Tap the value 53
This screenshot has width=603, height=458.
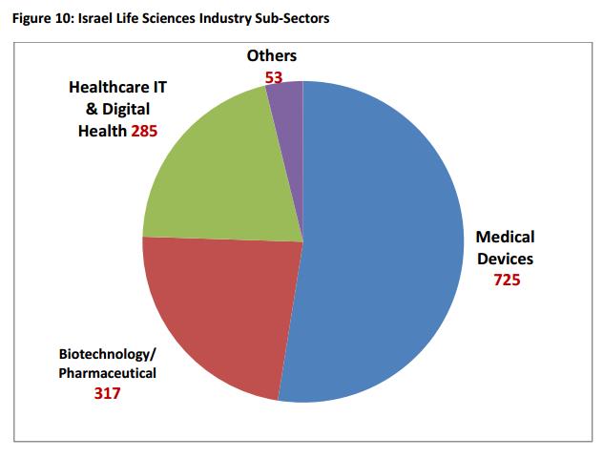click(x=274, y=77)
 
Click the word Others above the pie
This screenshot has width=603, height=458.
click(x=272, y=56)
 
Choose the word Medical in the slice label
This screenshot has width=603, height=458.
click(x=506, y=237)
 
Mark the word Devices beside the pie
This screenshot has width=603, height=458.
click(x=506, y=258)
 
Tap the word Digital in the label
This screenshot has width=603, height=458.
click(x=130, y=109)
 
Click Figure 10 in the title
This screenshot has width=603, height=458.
click(x=39, y=20)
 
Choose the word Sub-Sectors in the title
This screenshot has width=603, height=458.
click(x=293, y=20)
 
